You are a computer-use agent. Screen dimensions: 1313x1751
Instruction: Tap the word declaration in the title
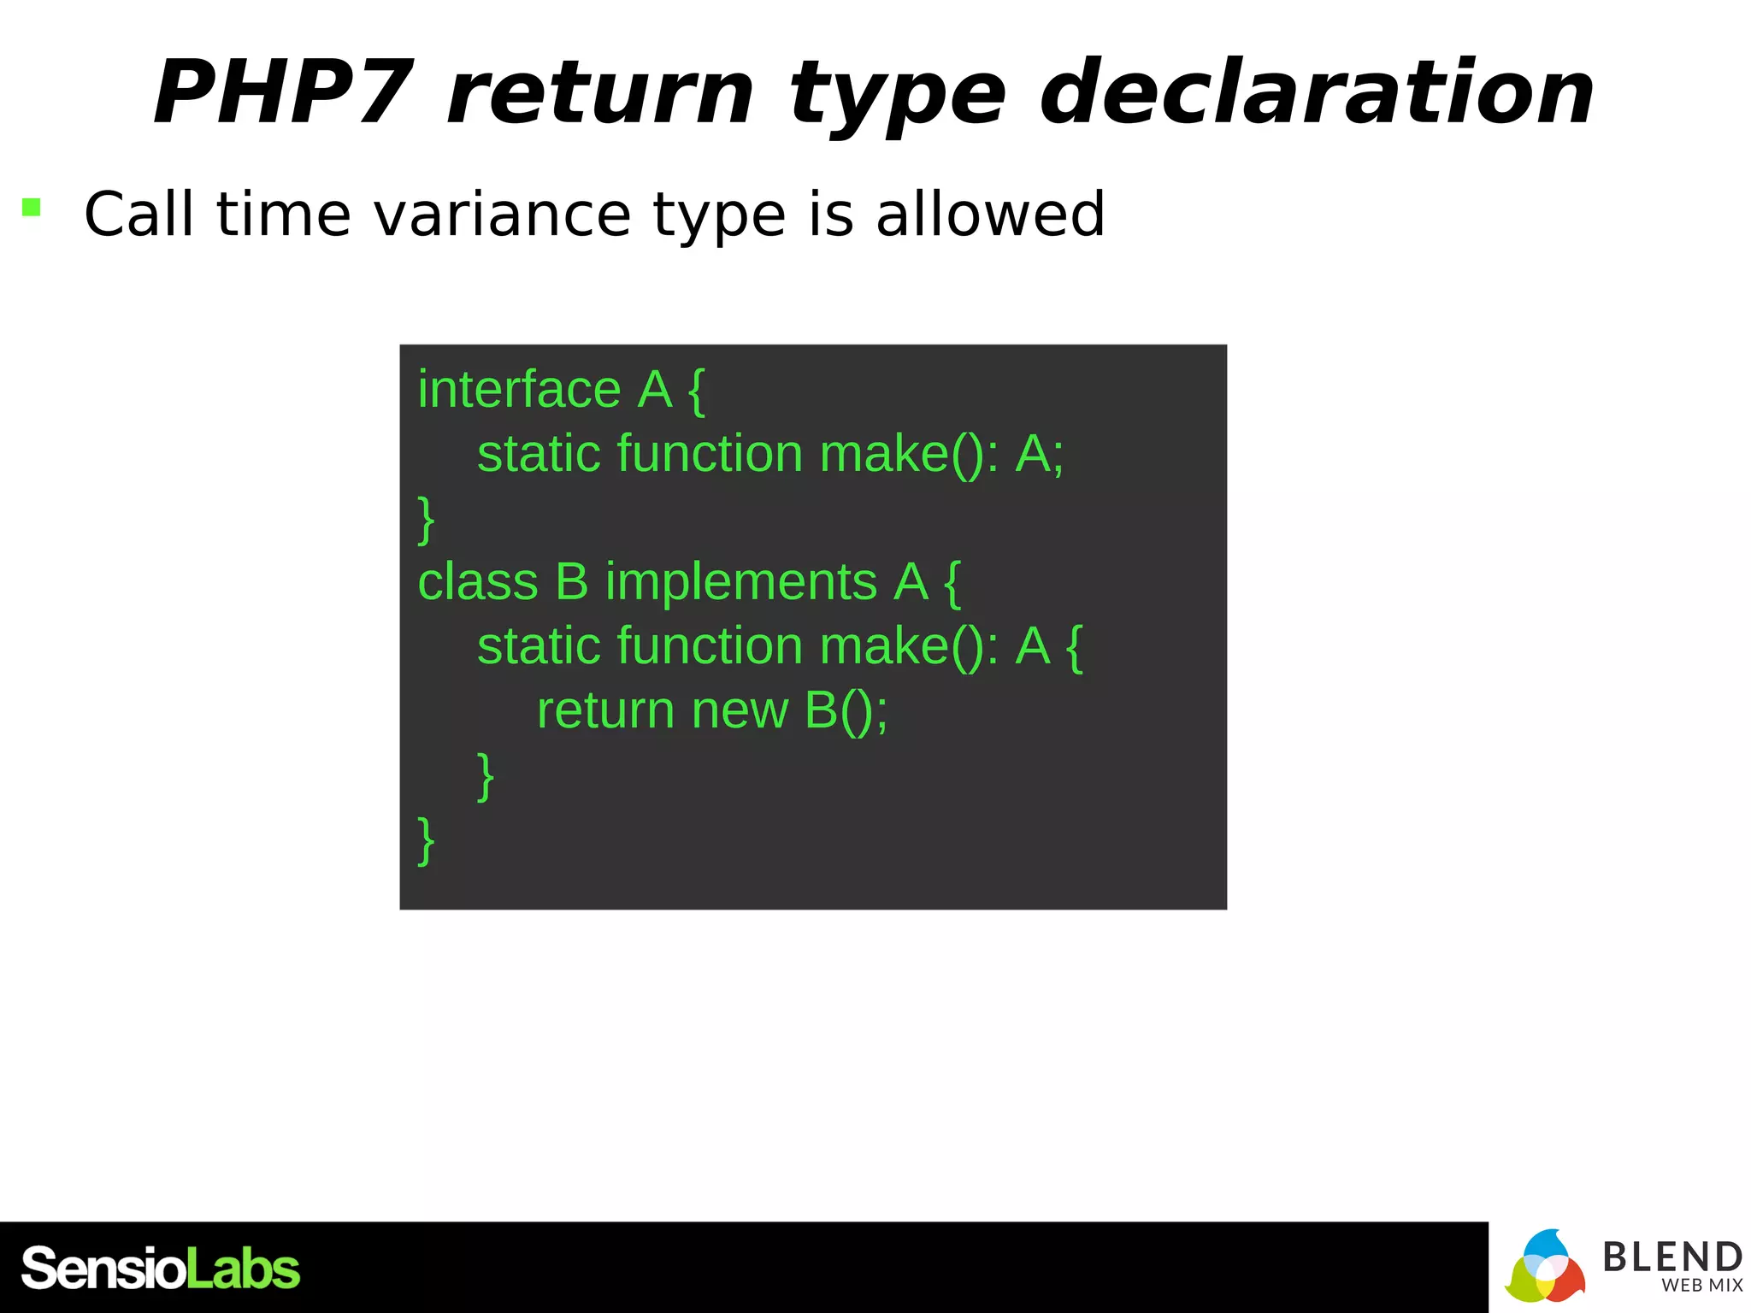(x=1317, y=92)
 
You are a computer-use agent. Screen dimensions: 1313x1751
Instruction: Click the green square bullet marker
(x=32, y=207)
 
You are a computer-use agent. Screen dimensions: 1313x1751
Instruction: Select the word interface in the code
(x=519, y=390)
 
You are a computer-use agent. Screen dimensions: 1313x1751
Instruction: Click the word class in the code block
(x=477, y=582)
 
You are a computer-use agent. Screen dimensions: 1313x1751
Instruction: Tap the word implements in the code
(x=740, y=584)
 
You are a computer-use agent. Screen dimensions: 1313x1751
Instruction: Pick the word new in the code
(x=740, y=710)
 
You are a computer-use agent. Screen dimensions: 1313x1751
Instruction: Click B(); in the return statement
(x=846, y=710)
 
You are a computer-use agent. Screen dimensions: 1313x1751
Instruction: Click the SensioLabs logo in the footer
(x=161, y=1269)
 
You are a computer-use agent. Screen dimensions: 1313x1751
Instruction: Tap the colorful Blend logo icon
(x=1545, y=1268)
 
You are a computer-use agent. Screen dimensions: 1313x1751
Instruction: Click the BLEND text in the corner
(x=1671, y=1257)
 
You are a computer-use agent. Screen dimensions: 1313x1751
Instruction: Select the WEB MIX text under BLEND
(x=1701, y=1286)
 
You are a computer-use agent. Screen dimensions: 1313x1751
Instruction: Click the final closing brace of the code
(x=426, y=841)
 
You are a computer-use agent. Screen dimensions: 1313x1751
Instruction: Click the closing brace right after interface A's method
(x=426, y=520)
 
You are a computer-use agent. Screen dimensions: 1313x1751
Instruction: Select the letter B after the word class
(x=572, y=582)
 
